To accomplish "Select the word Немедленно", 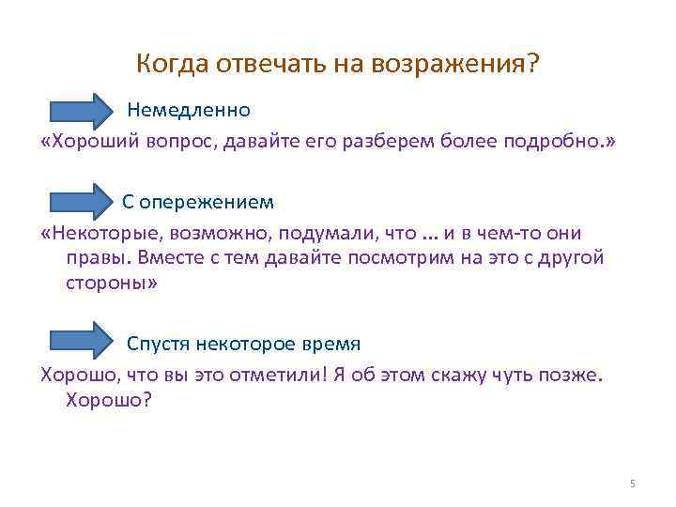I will click(189, 110).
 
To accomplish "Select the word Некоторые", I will click(102, 233).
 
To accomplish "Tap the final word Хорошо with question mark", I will click(109, 399).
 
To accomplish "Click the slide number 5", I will click(632, 484).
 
